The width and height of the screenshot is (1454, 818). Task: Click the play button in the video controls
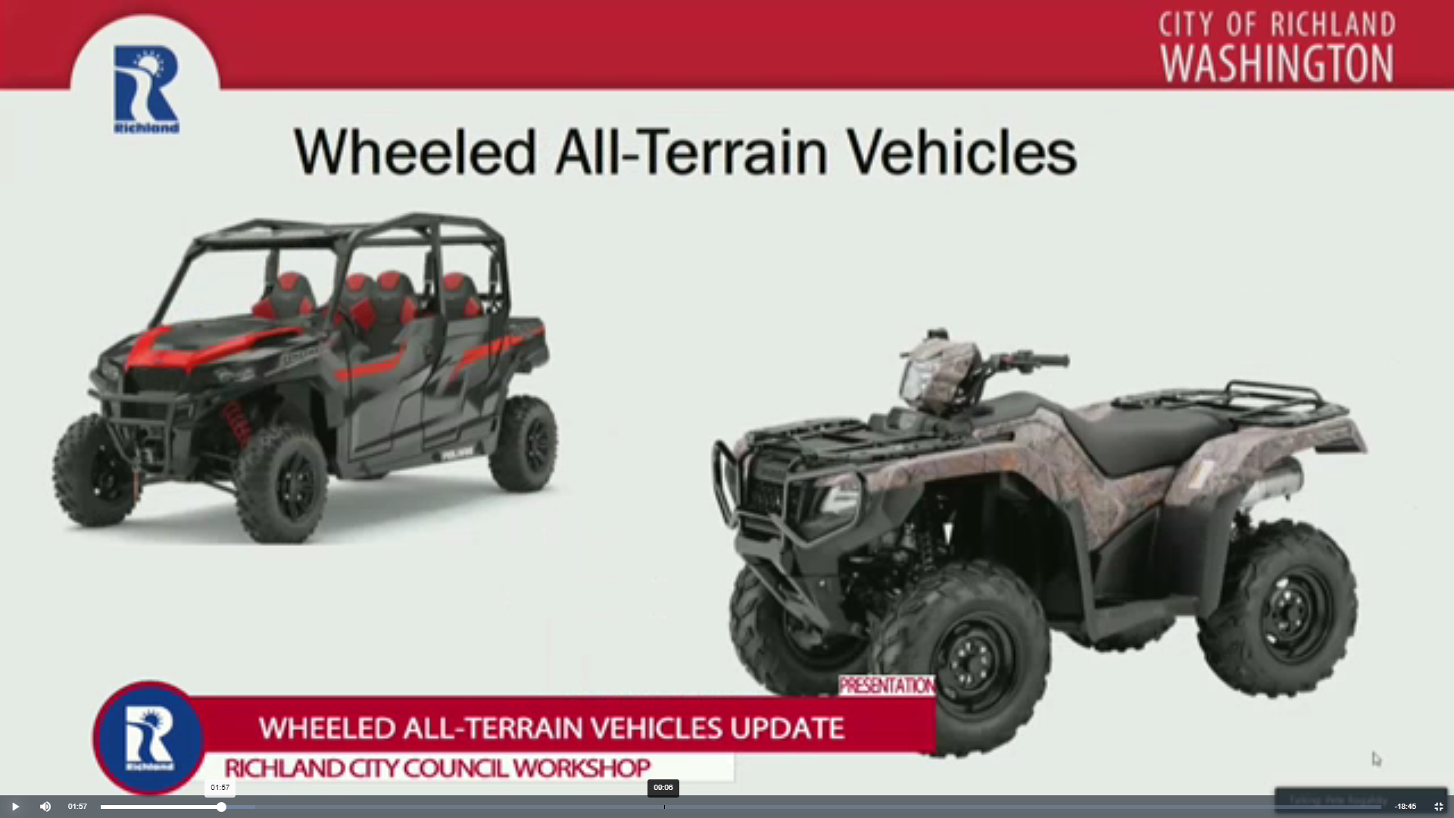[x=15, y=807]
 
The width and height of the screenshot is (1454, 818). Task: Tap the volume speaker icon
[x=45, y=807]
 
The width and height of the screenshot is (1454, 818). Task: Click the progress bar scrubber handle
[x=221, y=807]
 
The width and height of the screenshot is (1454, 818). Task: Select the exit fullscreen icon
[x=1438, y=807]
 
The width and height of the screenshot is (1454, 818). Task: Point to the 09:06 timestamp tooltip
[x=663, y=788]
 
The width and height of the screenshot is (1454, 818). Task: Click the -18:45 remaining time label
[x=1405, y=807]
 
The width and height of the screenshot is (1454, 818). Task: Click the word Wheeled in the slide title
[x=416, y=153]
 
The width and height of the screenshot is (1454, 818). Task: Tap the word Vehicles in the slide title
[x=961, y=153]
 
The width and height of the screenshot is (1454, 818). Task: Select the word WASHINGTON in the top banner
[x=1277, y=64]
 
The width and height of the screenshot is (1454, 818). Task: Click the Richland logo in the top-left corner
[x=146, y=89]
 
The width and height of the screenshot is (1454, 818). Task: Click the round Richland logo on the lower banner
[x=149, y=738]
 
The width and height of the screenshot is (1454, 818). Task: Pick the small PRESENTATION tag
[x=887, y=686]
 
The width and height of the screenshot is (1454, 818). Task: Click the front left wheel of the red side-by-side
[x=282, y=485]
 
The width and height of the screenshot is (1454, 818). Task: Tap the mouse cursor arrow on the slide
[x=1376, y=759]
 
